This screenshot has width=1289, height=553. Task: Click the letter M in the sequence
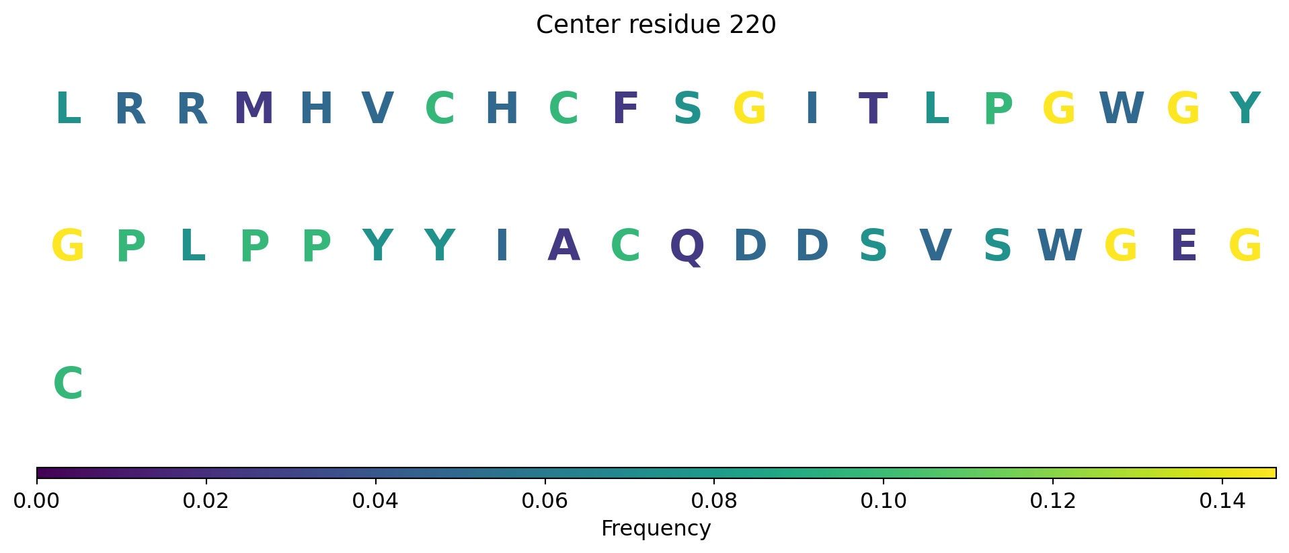click(254, 108)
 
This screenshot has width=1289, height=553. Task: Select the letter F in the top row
click(625, 108)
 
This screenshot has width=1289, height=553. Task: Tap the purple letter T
click(873, 108)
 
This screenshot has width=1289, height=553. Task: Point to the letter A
click(563, 246)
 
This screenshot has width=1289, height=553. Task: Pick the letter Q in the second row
click(687, 248)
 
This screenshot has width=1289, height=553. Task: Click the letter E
click(1183, 246)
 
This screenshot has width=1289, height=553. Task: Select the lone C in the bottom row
click(68, 383)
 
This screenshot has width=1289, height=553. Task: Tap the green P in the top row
click(998, 108)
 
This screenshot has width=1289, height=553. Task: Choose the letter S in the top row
click(687, 108)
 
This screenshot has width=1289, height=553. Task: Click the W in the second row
click(1060, 246)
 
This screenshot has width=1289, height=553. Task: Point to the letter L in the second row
click(192, 246)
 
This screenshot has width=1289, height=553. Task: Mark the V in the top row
click(378, 108)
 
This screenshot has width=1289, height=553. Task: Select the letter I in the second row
click(502, 246)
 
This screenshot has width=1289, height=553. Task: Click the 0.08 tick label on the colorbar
click(714, 501)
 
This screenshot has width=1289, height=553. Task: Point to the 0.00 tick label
click(37, 501)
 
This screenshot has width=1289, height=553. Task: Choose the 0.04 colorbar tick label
click(375, 501)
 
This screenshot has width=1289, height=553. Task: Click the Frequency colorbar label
click(656, 529)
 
